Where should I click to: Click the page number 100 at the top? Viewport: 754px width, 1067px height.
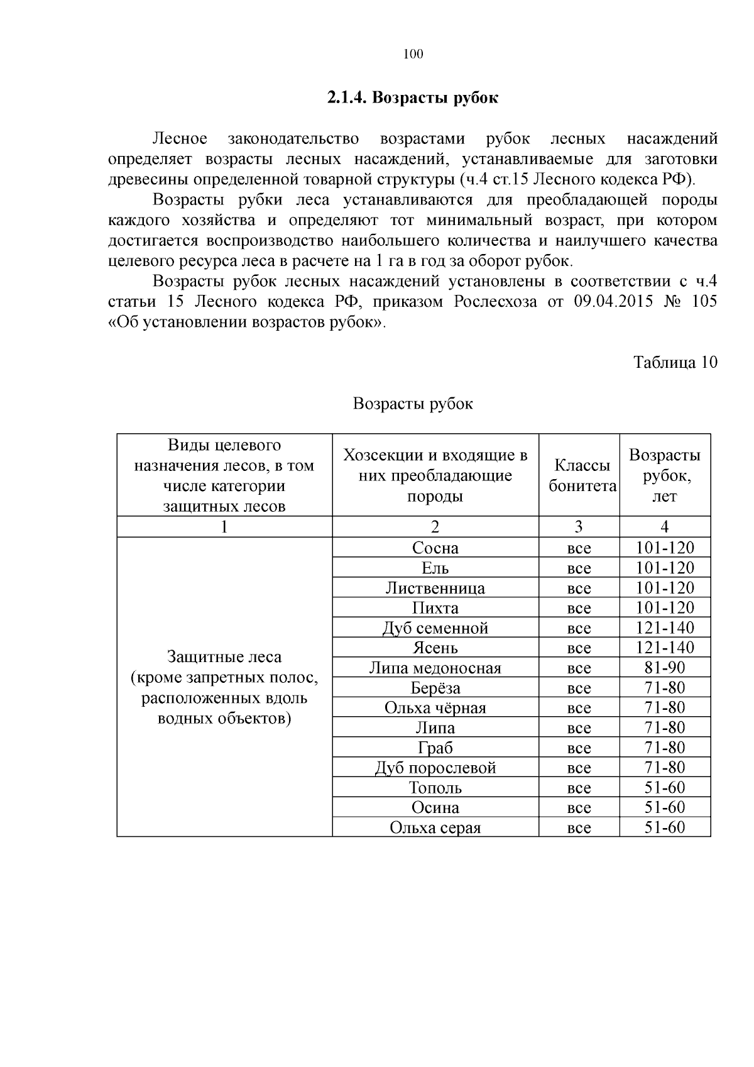[413, 54]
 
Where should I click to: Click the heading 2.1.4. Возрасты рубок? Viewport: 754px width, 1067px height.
[413, 98]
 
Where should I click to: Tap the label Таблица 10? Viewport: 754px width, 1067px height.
[675, 363]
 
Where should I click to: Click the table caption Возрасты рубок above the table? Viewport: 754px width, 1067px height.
[413, 404]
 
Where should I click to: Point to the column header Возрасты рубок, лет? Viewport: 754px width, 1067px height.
[664, 476]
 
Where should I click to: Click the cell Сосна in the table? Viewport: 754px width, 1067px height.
[435, 548]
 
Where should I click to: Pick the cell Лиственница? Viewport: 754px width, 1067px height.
[435, 589]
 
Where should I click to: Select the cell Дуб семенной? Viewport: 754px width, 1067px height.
[435, 628]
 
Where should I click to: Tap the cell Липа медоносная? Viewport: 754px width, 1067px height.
[435, 668]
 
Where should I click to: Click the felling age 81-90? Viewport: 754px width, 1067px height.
[664, 668]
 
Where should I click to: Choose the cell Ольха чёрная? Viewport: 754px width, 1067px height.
[435, 708]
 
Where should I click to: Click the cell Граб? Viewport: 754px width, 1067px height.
[435, 748]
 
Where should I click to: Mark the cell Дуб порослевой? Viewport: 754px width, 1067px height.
[435, 768]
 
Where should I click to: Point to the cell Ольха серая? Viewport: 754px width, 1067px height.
[435, 828]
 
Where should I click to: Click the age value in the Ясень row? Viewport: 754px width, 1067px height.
[664, 648]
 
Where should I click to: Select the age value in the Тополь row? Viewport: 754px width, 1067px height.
[664, 788]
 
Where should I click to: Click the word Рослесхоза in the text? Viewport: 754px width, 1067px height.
[494, 302]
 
